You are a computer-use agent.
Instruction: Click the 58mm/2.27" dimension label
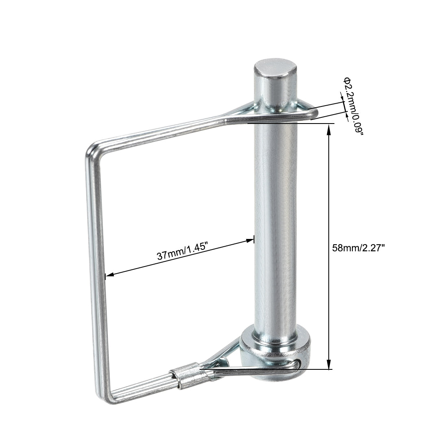coord(358,248)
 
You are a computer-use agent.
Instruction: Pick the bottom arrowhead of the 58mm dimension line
coord(328,365)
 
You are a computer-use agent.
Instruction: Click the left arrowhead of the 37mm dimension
coord(109,275)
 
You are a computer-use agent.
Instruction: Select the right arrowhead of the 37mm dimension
coord(250,241)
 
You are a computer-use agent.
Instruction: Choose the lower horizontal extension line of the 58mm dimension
coord(317,369)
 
